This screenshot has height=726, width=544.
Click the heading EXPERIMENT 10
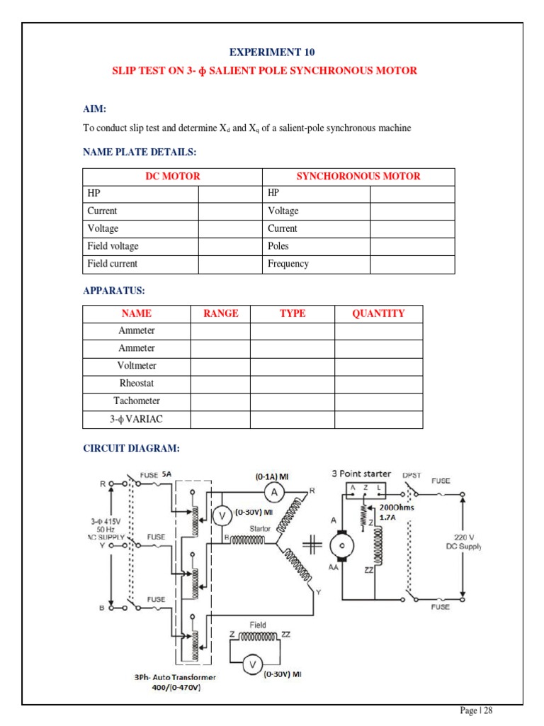(272, 52)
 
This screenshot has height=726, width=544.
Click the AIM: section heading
(94, 108)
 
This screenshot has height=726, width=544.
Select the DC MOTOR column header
(172, 177)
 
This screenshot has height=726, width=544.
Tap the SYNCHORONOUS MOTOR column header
(358, 177)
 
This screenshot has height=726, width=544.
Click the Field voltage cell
(113, 246)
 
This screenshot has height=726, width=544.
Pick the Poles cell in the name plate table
(278, 246)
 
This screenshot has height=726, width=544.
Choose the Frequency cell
(288, 264)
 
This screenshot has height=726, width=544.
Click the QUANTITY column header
(378, 313)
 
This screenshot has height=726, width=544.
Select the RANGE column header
(220, 313)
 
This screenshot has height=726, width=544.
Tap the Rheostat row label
(137, 384)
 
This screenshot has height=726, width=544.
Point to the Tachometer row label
(137, 401)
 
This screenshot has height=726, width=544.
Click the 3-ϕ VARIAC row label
(137, 419)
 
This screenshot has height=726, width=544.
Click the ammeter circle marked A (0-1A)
(278, 491)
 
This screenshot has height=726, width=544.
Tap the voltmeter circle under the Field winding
(249, 664)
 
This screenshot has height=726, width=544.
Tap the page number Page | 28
(476, 710)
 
